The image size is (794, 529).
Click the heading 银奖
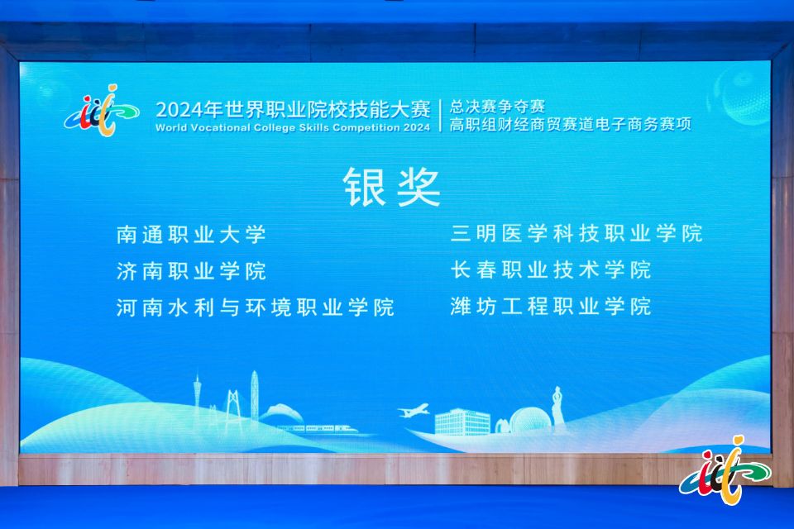tap(392, 187)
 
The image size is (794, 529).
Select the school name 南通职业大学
tap(191, 235)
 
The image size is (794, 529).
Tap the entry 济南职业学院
tap(191, 271)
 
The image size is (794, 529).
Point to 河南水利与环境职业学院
tap(256, 307)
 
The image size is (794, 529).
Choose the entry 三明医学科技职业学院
tap(576, 233)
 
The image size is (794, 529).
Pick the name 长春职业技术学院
tap(551, 269)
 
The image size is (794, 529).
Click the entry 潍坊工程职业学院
tap(551, 307)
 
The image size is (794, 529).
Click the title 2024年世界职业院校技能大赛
tap(293, 109)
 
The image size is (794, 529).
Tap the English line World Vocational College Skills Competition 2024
tap(293, 127)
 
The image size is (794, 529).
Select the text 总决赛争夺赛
tap(497, 107)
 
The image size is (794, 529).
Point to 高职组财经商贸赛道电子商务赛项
tap(570, 124)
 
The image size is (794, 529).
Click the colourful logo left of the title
tap(102, 111)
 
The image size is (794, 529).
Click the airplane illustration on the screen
tap(414, 411)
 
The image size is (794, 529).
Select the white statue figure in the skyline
tap(557, 409)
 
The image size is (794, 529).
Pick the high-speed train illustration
tap(318, 429)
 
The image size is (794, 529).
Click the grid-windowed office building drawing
tap(462, 422)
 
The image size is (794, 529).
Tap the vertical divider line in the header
tap(440, 116)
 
